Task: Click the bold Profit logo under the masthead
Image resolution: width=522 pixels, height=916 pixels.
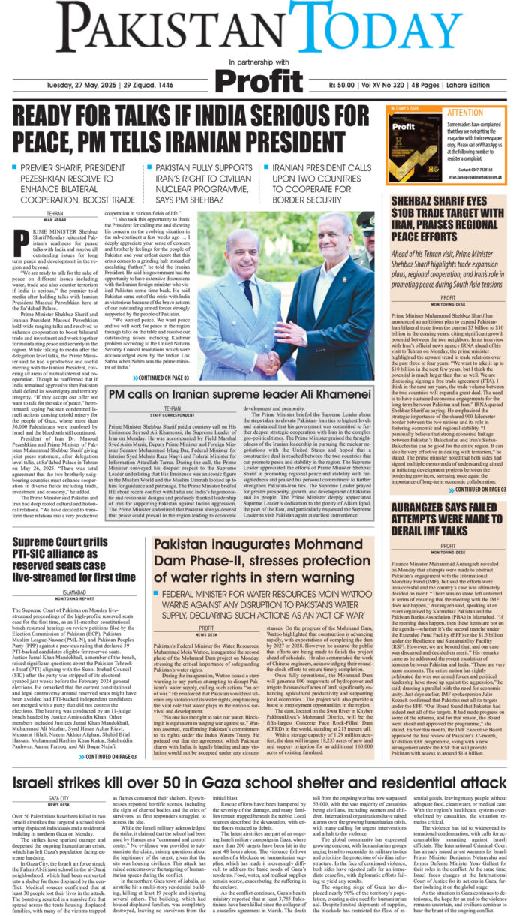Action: tap(260, 80)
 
